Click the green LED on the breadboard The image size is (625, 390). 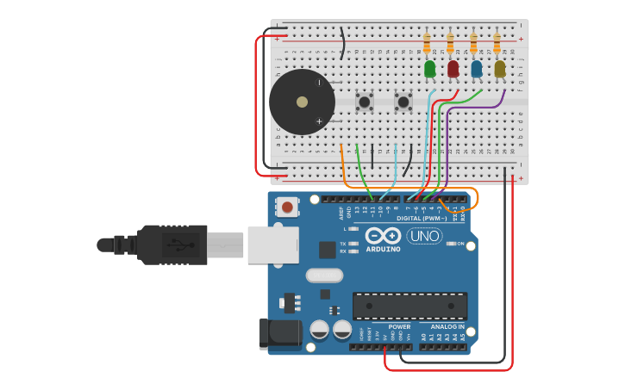(429, 69)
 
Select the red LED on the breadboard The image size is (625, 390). (453, 69)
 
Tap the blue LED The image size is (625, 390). (476, 69)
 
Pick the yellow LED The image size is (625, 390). (499, 69)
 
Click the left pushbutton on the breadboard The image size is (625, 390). (365, 102)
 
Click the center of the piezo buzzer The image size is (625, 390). (302, 102)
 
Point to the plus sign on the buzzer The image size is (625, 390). (319, 121)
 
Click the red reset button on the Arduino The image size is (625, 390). (287, 207)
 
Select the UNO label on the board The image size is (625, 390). (424, 236)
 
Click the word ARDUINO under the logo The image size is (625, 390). (383, 249)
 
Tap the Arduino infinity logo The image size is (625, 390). (383, 236)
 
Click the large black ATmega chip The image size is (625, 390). (409, 306)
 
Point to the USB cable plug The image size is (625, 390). (172, 245)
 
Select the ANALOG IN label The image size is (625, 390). (447, 327)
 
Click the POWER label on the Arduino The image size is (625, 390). (399, 327)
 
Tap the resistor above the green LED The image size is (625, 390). (427, 43)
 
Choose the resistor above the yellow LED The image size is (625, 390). (497, 43)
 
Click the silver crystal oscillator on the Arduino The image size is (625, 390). (324, 275)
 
